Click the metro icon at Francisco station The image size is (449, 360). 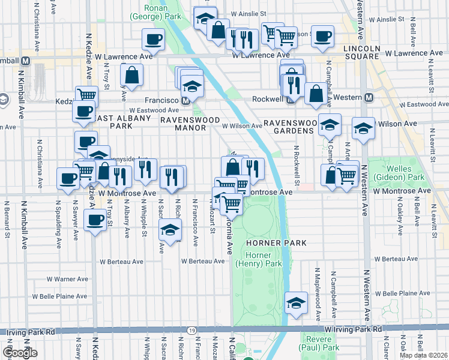186,101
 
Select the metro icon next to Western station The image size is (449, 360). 369,97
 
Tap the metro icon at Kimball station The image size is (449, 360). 26,61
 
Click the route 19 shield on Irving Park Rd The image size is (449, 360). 191,330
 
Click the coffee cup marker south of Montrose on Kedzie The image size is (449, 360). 94,220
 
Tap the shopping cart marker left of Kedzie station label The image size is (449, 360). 87,95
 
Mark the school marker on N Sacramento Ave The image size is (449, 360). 170,230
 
